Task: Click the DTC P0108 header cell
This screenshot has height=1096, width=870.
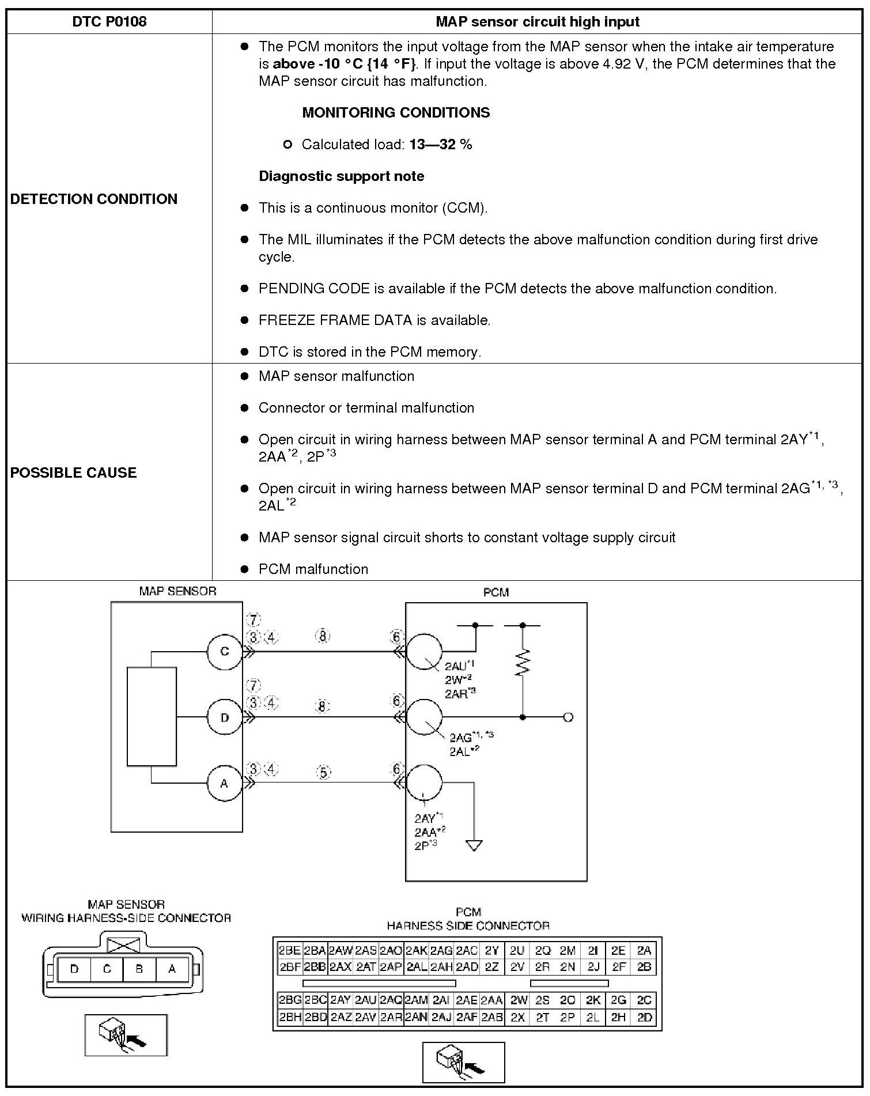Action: click(x=109, y=22)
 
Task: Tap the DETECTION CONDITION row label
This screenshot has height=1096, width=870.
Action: click(x=94, y=199)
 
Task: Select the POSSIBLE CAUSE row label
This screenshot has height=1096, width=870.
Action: click(x=74, y=473)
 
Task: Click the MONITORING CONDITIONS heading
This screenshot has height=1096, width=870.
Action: click(x=396, y=112)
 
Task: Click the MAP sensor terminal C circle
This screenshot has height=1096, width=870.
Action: click(x=225, y=652)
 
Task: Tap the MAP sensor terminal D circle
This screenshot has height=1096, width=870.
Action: click(x=225, y=717)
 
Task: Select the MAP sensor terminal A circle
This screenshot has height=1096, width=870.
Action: click(x=225, y=783)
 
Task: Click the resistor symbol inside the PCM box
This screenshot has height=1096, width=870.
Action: click(x=523, y=663)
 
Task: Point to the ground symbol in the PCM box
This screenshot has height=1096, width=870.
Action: click(x=474, y=846)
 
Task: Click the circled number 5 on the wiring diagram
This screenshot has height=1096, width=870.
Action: click(x=324, y=772)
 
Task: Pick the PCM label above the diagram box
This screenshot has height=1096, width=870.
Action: click(x=496, y=592)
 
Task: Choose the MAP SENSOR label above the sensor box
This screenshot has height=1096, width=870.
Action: click(x=177, y=591)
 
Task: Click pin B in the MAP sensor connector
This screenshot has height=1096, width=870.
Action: click(x=139, y=969)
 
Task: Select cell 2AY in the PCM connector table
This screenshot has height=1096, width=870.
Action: click(x=340, y=1000)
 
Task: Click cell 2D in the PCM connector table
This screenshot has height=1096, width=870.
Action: click(x=644, y=1018)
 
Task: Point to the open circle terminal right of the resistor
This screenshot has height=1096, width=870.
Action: click(x=568, y=717)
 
